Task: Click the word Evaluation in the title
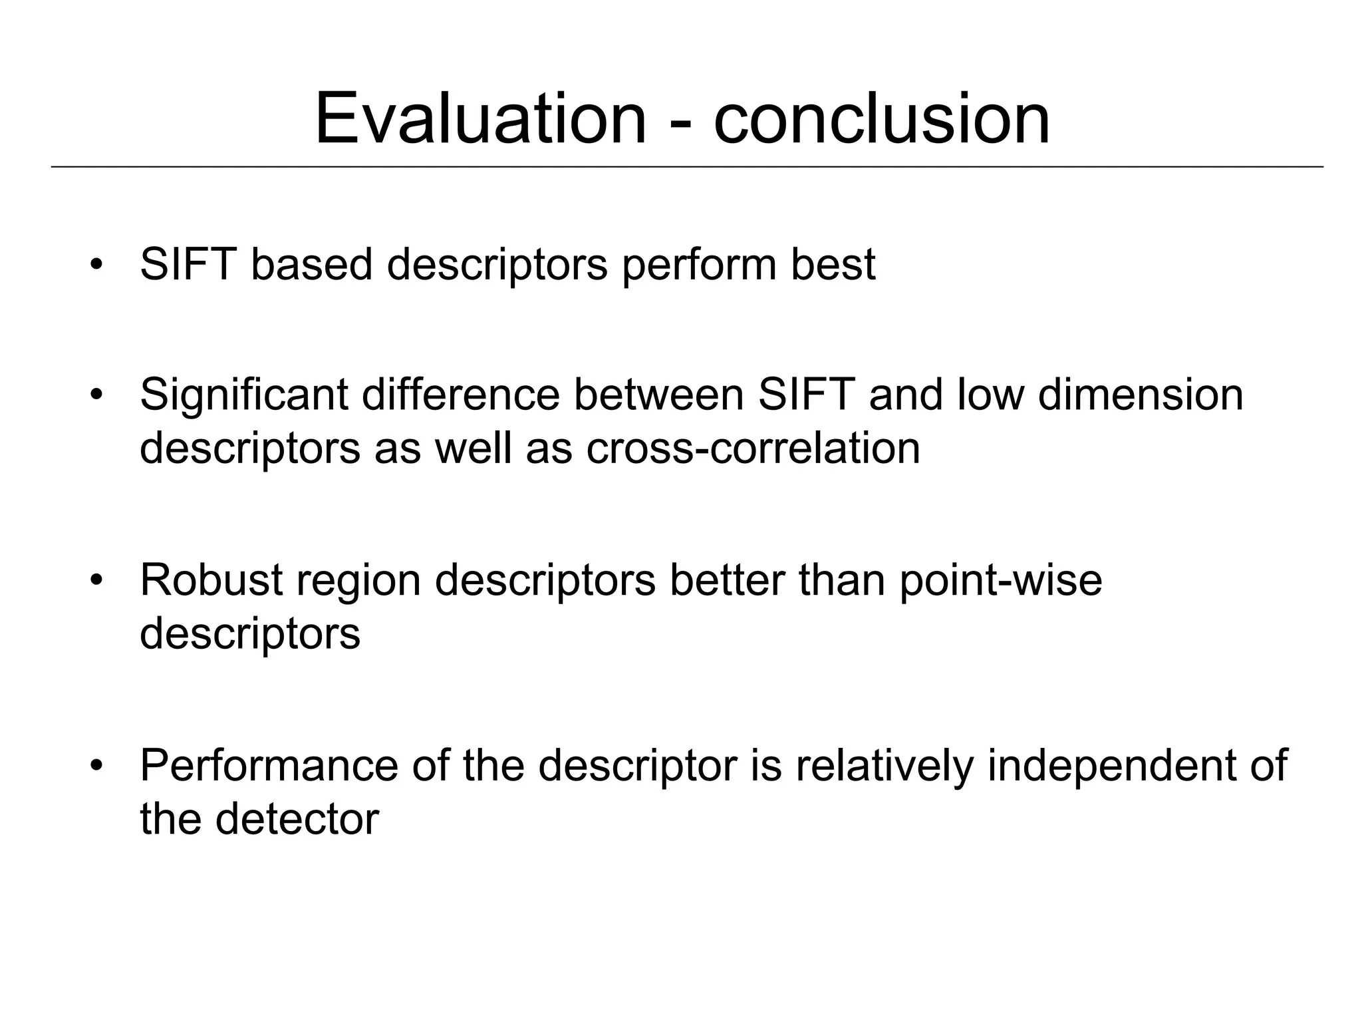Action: tap(480, 120)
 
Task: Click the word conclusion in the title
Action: tap(882, 120)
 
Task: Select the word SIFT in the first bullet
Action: tap(188, 265)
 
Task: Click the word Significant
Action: tap(243, 395)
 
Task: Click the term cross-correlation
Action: tap(753, 448)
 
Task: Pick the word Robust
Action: tap(211, 580)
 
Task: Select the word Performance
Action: tap(269, 766)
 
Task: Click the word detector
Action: tap(297, 819)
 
